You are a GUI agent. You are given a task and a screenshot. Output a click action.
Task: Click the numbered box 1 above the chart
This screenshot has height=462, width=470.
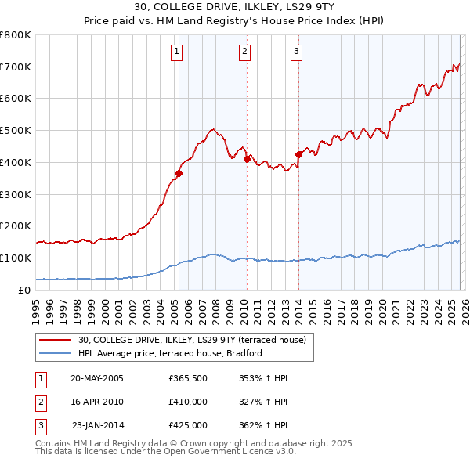click(x=176, y=52)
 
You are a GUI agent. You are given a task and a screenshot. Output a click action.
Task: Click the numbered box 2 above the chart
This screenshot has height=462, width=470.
click(x=245, y=52)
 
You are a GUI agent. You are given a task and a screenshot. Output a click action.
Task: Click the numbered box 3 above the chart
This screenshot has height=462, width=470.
click(x=298, y=52)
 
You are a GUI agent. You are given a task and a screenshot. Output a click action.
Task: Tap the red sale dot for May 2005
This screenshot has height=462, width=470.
click(x=179, y=174)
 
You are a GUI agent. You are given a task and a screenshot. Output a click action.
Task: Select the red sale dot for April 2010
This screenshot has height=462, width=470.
click(x=247, y=159)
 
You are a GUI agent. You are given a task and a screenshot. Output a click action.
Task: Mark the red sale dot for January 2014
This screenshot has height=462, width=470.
click(x=298, y=154)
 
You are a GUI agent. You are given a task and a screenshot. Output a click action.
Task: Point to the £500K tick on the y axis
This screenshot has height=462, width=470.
click(x=16, y=131)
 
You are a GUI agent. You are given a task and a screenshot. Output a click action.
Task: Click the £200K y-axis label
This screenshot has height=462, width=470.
click(x=16, y=226)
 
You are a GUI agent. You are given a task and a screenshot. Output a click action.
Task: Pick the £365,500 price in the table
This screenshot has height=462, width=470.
click(x=187, y=378)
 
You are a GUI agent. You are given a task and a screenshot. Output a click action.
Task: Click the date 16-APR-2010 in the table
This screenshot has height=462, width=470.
click(x=97, y=402)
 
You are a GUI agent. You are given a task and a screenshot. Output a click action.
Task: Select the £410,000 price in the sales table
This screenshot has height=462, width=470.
click(x=187, y=402)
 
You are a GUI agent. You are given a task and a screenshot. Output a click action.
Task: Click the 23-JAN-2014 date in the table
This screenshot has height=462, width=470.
click(x=97, y=425)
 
